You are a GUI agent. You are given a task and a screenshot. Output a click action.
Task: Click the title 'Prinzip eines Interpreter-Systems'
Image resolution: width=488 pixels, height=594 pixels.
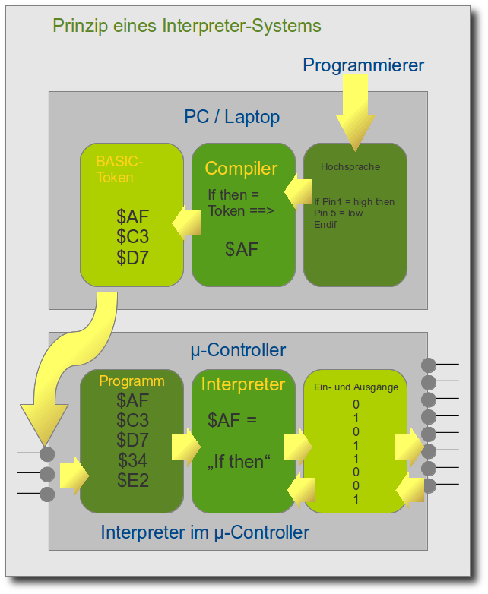pos(186,26)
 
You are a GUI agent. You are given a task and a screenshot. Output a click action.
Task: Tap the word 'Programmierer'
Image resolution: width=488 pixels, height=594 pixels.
pos(363,65)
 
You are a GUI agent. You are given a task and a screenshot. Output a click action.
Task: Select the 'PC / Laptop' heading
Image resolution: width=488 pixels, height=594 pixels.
pos(232,117)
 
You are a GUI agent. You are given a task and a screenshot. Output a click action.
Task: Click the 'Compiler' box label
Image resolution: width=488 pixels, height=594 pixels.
pos(241,169)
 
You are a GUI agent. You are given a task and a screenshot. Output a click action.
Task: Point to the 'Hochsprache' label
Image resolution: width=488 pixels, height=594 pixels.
pos(350,167)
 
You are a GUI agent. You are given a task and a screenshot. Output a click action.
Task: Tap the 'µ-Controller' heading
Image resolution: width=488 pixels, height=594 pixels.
pos(238,350)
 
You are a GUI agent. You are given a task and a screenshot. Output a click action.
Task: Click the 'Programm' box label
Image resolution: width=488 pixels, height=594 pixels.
pos(132,381)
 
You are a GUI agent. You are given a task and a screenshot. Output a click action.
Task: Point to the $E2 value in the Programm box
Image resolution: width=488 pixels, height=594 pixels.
pos(133,480)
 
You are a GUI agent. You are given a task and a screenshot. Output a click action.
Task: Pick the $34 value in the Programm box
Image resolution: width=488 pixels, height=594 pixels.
pos(133,460)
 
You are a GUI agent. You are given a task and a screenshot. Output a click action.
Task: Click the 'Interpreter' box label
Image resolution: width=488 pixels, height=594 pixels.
pos(242,385)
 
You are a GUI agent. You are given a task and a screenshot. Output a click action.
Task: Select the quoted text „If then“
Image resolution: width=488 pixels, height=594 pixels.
pos(239,461)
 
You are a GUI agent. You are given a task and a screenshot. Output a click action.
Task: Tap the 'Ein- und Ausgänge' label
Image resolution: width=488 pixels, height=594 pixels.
pos(356,387)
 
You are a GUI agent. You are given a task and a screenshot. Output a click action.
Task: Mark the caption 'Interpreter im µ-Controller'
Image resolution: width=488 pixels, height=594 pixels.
pos(204,532)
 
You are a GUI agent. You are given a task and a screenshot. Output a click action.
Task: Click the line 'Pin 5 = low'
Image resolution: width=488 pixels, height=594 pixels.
pos(338,213)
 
